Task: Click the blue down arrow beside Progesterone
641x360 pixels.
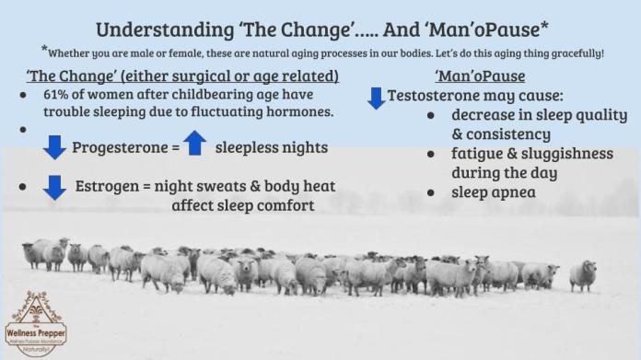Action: click(55, 146)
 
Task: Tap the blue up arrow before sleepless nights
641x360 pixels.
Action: click(194, 144)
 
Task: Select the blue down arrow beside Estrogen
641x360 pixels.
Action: click(55, 187)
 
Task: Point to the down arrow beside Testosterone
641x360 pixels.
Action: click(376, 97)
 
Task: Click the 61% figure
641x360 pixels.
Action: click(57, 95)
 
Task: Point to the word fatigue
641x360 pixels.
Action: click(478, 154)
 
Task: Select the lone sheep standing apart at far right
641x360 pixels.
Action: click(583, 274)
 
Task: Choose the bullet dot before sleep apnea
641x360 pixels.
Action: click(431, 192)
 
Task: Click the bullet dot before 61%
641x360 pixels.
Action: click(22, 95)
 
